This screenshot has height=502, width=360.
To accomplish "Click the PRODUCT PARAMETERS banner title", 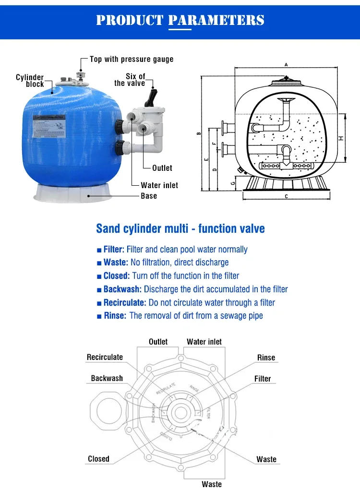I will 180,20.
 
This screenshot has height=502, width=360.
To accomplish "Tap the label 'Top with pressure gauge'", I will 132,60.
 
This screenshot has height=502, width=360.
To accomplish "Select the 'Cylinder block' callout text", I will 30,81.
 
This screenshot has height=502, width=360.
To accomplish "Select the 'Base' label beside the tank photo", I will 149,196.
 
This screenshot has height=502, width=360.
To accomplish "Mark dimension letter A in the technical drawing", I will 286,64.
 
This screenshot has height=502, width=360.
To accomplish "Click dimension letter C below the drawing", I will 286,196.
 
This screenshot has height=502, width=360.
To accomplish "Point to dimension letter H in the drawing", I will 340,138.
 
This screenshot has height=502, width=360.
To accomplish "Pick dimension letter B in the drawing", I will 199,133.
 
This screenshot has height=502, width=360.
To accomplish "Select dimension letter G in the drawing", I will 232,183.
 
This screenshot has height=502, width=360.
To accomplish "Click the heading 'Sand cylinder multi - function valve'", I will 180,228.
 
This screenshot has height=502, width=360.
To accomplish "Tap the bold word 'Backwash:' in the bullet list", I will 122,289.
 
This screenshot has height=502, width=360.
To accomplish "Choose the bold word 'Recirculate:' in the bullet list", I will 125,303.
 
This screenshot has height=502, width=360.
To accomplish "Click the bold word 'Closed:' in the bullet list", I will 117,276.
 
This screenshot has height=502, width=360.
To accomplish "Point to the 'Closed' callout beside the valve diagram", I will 98,459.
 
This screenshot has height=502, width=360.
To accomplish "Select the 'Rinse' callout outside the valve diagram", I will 266,358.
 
